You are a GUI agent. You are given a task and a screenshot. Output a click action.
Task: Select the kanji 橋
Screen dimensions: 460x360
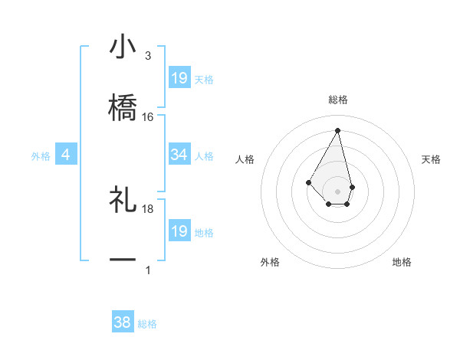pos(123,107)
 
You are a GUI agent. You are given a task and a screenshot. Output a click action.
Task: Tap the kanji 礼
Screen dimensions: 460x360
pos(123,199)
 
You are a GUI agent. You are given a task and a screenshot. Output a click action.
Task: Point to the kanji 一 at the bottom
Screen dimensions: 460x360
pos(123,260)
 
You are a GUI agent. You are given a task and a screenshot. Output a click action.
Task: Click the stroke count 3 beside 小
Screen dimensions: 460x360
pos(148,56)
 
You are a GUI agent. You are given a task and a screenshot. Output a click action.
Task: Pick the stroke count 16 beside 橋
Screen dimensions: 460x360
pos(148,117)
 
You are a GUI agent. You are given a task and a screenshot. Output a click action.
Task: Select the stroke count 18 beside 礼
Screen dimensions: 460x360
pos(148,208)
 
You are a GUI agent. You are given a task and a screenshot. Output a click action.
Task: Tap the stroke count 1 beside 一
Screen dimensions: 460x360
pos(148,270)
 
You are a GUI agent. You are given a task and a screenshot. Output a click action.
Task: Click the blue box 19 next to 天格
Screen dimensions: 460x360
pos(179,77)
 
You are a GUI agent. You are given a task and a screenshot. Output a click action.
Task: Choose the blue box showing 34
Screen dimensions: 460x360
pos(179,155)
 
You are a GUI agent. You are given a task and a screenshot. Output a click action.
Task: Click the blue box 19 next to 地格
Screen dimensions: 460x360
pos(179,231)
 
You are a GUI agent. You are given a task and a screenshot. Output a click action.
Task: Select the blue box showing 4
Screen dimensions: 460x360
pos(66,155)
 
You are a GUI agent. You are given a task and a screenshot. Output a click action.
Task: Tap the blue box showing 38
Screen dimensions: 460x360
pos(123,322)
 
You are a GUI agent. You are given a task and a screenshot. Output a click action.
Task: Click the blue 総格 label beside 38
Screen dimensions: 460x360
pos(147,324)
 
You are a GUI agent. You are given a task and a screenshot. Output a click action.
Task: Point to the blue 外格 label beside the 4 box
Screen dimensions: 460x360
pos(41,156)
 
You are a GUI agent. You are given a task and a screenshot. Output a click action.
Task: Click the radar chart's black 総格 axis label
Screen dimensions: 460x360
pos(338,100)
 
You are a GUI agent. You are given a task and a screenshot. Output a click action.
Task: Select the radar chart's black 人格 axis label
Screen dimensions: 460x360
pos(245,159)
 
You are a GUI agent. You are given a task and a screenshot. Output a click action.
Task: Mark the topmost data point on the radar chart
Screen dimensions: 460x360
pos(337,130)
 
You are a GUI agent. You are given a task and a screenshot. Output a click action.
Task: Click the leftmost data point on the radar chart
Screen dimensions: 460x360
pos(308,182)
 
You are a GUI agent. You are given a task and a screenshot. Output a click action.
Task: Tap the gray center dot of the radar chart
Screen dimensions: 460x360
pos(337,191)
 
